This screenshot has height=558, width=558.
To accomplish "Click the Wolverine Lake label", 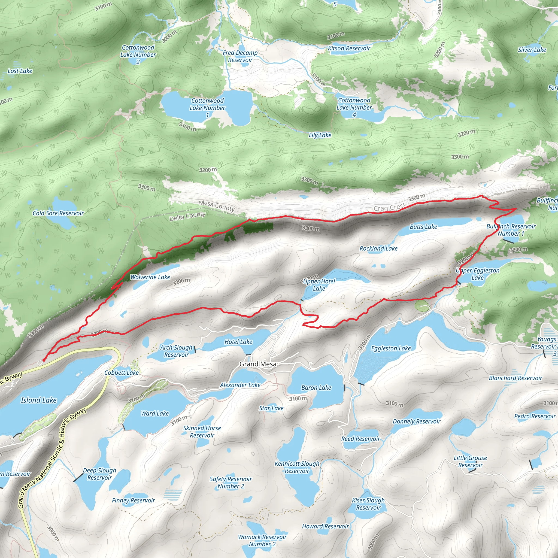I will pos(150,277).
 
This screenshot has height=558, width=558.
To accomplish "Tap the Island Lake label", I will pos(39,400).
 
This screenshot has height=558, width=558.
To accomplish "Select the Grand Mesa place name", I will pos(258,364).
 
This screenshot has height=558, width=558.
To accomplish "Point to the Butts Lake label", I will pos(423,227).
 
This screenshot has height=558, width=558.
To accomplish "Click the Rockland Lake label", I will pos(378,248).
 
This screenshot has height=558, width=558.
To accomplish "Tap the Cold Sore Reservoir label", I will pos(58,213).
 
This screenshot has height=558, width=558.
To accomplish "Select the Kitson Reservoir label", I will pos(349,48).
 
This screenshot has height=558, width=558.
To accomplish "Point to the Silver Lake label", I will pos(532,50).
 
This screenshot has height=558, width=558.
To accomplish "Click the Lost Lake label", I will pos(20,71).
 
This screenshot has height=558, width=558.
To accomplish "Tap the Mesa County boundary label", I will pos(217,206).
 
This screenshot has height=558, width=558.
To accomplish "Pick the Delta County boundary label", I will pos(187,216).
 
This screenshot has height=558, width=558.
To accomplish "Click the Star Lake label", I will pos(271,408).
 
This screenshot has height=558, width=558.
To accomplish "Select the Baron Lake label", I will pos(316,388).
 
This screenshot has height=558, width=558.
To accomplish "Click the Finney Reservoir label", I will pos(134,500).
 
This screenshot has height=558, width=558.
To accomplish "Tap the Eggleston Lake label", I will pos(391,348).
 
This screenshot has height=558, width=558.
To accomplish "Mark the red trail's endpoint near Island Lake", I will pos(44,360).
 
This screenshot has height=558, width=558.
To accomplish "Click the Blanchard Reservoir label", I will pos(515,378).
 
